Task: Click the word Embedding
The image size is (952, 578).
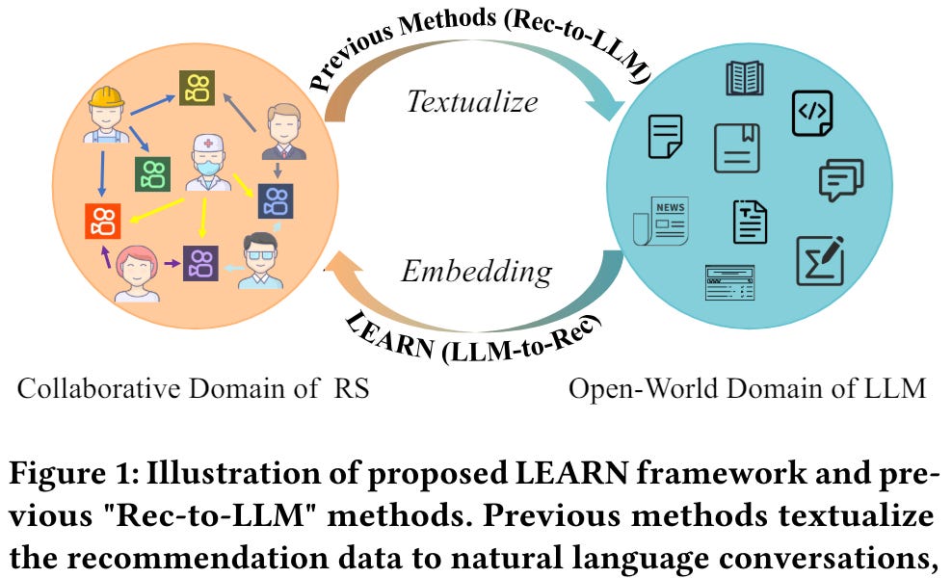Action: coord(476,272)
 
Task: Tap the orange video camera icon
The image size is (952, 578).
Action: coord(101,221)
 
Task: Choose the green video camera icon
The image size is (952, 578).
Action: coord(152,173)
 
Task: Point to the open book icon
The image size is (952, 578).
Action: coord(745,77)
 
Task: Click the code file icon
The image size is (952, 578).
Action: coord(811,113)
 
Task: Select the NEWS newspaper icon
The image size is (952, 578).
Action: coord(660,219)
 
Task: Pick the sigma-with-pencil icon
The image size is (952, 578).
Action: coord(820,260)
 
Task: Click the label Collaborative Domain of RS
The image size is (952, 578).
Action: coord(194,389)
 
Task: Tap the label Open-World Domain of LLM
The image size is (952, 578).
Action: coord(748,389)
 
